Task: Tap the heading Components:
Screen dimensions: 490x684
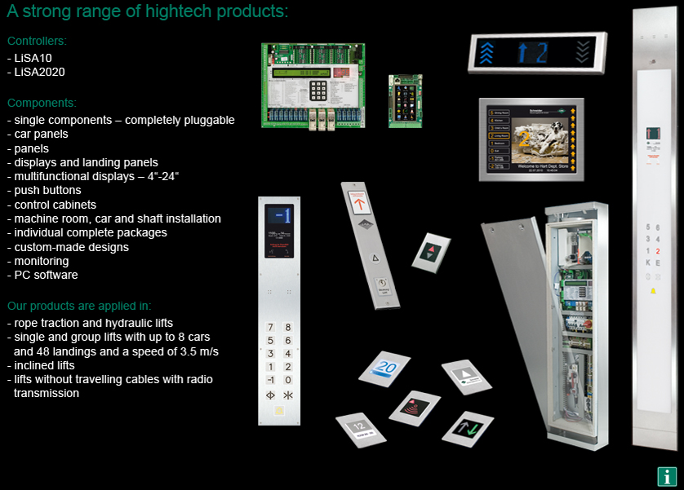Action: click(42, 104)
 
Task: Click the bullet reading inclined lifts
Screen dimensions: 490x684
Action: click(44, 365)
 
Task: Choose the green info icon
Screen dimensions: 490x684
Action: click(667, 477)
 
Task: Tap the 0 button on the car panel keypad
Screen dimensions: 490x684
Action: click(287, 380)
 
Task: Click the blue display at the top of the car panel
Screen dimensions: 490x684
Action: click(279, 214)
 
